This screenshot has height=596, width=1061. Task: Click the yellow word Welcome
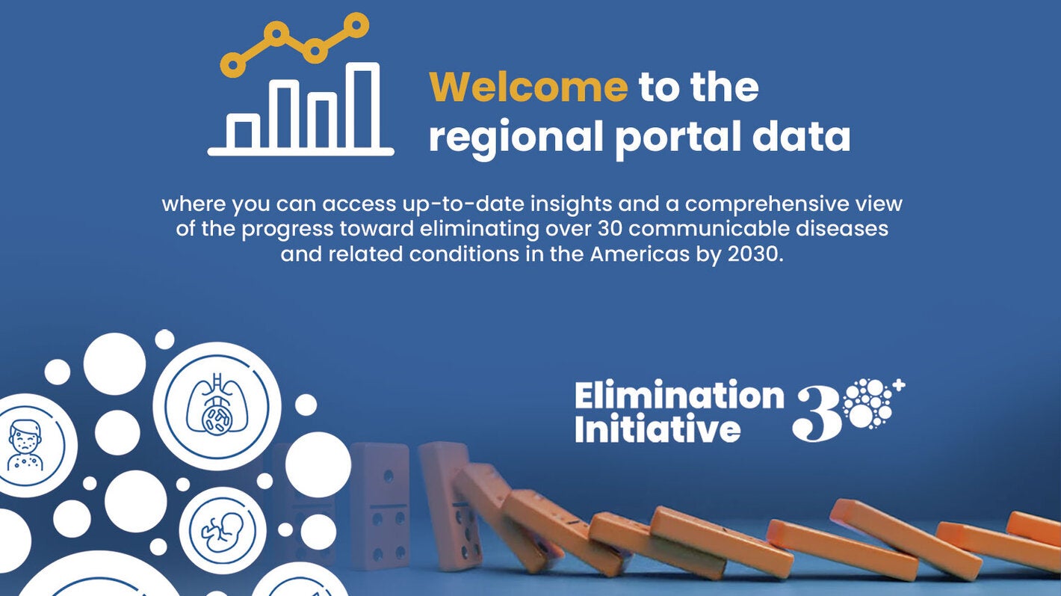[528, 87]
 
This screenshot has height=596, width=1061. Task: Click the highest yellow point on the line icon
[359, 25]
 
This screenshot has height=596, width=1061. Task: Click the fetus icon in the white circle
[223, 530]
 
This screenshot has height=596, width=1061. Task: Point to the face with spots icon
[27, 445]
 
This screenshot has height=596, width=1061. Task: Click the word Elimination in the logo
[678, 396]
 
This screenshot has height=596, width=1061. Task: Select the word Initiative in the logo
[658, 430]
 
